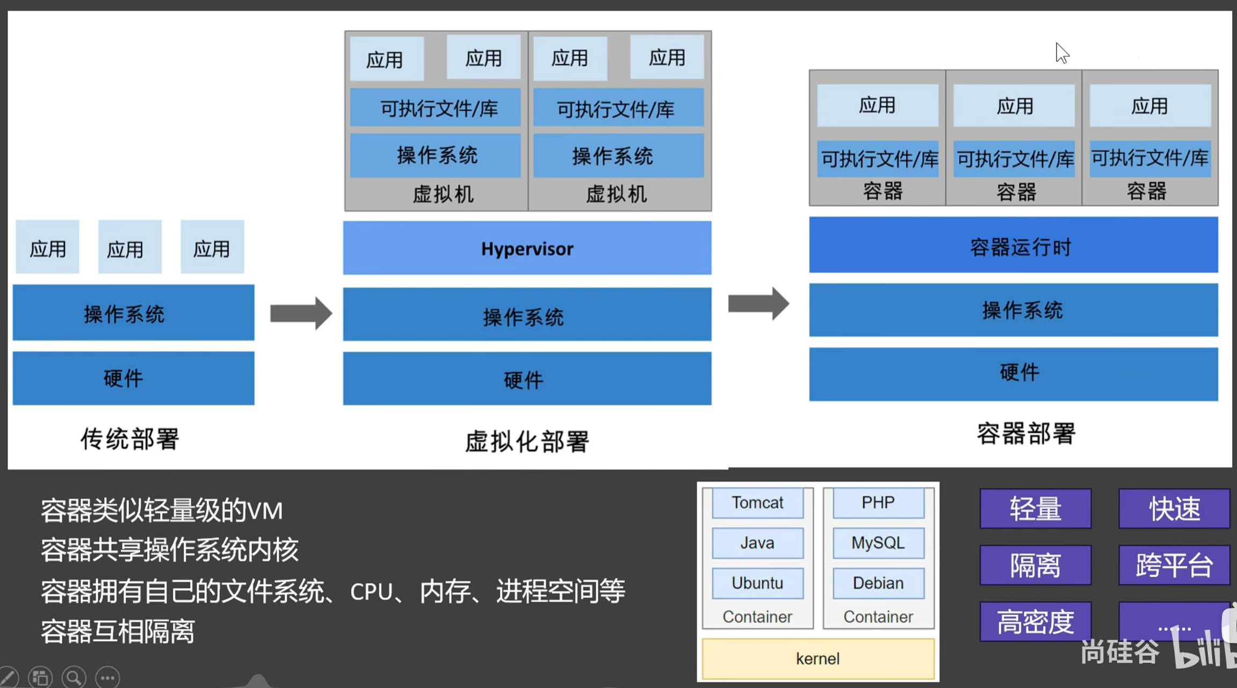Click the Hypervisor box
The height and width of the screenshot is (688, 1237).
(x=527, y=248)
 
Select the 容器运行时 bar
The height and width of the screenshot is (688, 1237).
(x=1013, y=245)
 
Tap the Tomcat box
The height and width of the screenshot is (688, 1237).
(x=757, y=503)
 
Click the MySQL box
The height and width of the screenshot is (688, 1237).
(x=878, y=542)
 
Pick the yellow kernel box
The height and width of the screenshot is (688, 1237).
(x=818, y=658)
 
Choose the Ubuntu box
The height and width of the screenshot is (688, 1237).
(x=757, y=583)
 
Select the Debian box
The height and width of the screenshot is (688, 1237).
(x=878, y=583)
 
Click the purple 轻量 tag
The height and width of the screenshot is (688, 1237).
(x=1035, y=509)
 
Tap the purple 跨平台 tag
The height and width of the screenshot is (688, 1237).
(x=1174, y=565)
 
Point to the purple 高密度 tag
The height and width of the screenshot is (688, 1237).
(x=1035, y=621)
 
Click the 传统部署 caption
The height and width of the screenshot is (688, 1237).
(x=129, y=439)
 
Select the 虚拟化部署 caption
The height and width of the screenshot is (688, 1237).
(x=526, y=441)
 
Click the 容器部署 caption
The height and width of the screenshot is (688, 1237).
(x=1026, y=433)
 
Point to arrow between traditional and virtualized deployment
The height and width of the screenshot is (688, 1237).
(x=300, y=313)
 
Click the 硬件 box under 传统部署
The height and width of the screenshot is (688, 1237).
(x=133, y=378)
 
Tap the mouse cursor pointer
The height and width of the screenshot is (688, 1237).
(x=1061, y=53)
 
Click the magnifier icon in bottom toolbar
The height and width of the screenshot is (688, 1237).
(x=74, y=677)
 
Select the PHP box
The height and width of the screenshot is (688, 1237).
(x=878, y=503)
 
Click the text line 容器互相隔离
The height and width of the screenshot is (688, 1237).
(x=118, y=631)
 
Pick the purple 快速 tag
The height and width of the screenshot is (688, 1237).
(x=1174, y=509)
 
